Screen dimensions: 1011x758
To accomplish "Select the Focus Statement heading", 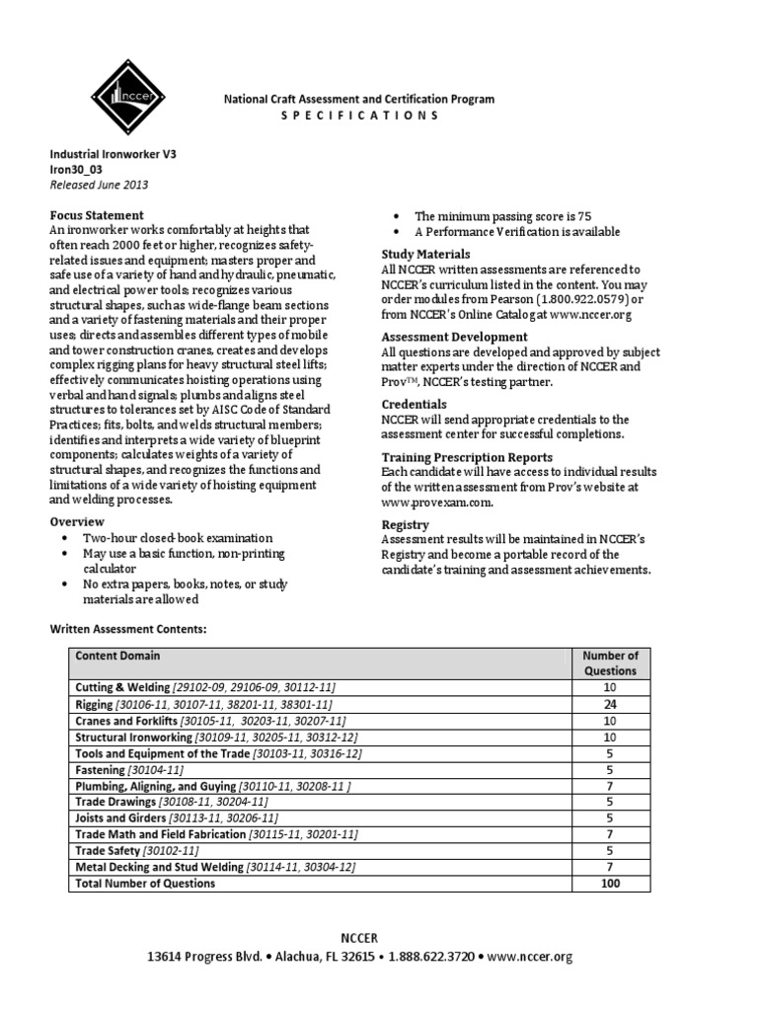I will click(x=97, y=215).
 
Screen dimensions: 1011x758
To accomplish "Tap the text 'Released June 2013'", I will click(x=100, y=184).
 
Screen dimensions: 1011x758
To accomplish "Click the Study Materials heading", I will click(x=426, y=254).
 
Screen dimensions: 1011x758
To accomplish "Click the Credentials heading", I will click(x=414, y=405).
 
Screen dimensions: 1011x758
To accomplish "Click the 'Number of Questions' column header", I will click(x=610, y=662).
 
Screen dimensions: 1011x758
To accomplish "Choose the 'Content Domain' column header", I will click(x=118, y=655).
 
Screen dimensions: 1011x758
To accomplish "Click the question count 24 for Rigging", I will click(x=610, y=704).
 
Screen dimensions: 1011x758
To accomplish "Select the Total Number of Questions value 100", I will click(x=610, y=884).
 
